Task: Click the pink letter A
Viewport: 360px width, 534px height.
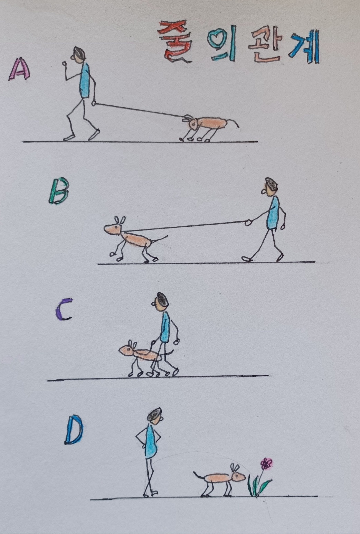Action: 20,69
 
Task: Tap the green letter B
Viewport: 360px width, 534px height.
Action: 59,191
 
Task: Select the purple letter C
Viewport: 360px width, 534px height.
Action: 63,309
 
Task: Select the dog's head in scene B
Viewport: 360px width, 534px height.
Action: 113,228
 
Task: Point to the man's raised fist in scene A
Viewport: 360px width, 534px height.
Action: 64,64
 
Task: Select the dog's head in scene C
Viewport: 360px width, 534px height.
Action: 127,349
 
